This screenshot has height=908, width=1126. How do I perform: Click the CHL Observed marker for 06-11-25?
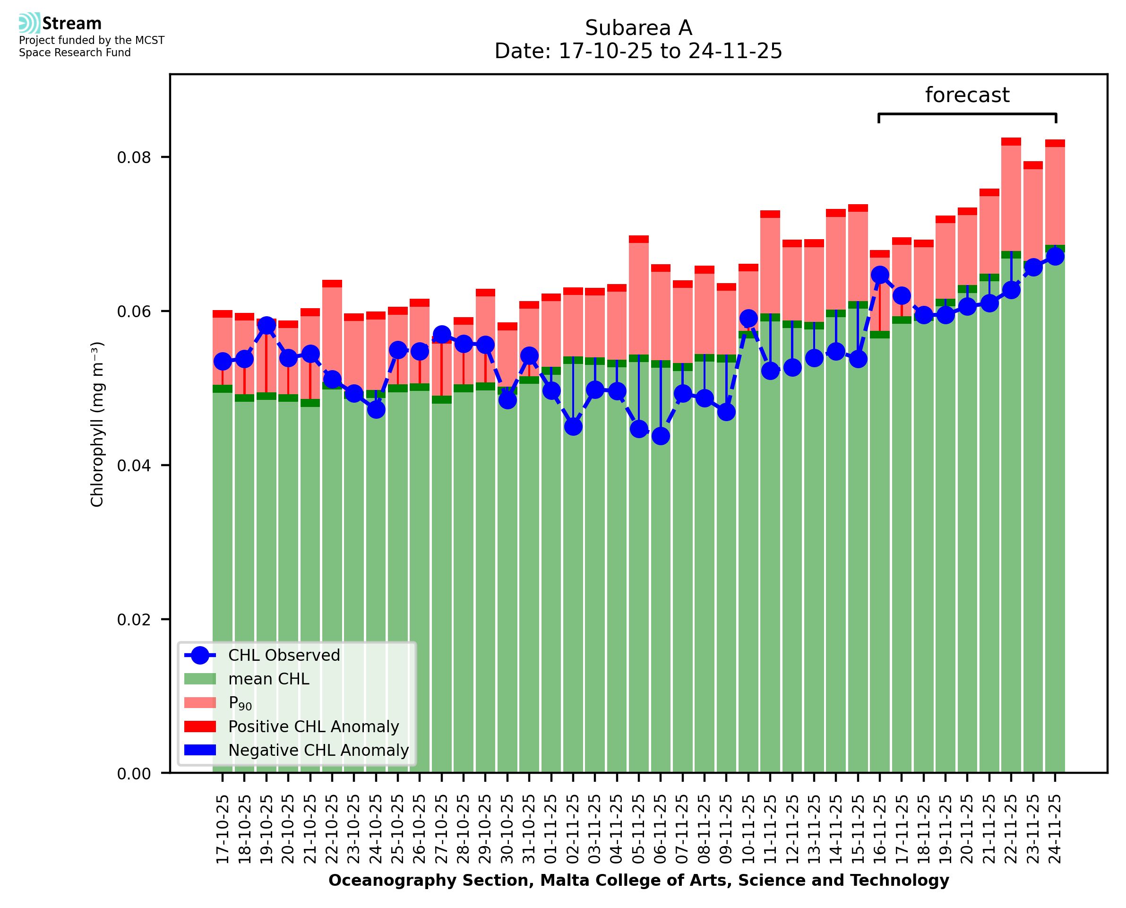coord(661,436)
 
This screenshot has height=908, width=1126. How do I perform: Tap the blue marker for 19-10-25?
coord(266,325)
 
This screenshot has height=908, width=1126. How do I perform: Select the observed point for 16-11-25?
coord(880,275)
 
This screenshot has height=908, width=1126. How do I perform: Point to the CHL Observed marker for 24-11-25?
coord(1055,256)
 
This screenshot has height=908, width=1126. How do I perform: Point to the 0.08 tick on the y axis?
coord(134,157)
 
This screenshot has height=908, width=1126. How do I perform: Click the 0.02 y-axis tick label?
coord(134,620)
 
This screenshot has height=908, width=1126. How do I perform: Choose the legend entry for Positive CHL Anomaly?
coord(313,726)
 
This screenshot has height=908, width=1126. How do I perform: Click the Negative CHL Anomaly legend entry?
coord(318,750)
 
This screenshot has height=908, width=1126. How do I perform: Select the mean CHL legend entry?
coord(269,679)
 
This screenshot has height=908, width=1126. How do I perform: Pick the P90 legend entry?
coord(240,703)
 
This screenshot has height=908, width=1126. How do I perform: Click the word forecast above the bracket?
coord(967,95)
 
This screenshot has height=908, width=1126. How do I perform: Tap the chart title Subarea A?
coord(638,28)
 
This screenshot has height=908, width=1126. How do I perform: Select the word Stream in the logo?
coord(72,24)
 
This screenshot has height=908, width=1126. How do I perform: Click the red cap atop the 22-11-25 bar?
coord(1011,141)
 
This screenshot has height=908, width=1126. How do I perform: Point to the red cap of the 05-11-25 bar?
coord(639,239)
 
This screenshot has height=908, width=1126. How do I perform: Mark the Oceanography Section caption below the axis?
coord(638,880)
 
